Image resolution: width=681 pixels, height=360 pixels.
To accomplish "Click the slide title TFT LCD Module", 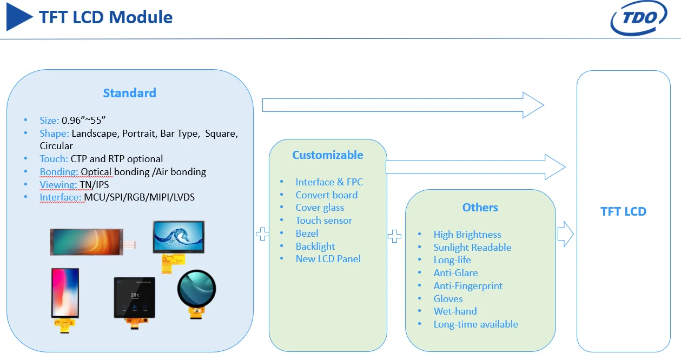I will coord(105,17).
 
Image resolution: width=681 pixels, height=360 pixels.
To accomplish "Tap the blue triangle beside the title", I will coord(19,17).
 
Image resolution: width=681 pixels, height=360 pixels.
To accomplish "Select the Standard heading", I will coord(129,93).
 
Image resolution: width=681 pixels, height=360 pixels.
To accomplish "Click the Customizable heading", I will coord(328,155).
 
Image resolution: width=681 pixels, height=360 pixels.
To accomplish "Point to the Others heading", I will coord(480,208).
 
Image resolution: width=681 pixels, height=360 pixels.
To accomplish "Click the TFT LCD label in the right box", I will coord(623,211).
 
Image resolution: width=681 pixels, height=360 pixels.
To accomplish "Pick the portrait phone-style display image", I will coord(65,294).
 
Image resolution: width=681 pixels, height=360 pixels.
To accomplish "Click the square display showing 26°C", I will coord(134,298).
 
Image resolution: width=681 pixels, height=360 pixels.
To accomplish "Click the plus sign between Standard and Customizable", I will coord(262,234).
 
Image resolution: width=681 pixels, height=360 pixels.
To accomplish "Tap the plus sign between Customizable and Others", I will coord(395,236).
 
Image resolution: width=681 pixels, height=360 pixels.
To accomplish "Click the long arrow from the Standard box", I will coord(402,105).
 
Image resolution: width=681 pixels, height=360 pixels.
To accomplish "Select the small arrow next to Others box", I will coord(565,234).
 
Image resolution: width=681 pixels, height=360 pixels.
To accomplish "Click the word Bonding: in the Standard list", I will coord(59,172).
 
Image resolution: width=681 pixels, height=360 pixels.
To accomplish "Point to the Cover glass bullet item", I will coord(320,208).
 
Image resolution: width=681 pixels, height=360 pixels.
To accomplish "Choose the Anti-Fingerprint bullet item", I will coord(468,286).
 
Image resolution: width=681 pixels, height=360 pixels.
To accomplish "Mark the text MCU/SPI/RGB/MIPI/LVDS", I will coord(139,197).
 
